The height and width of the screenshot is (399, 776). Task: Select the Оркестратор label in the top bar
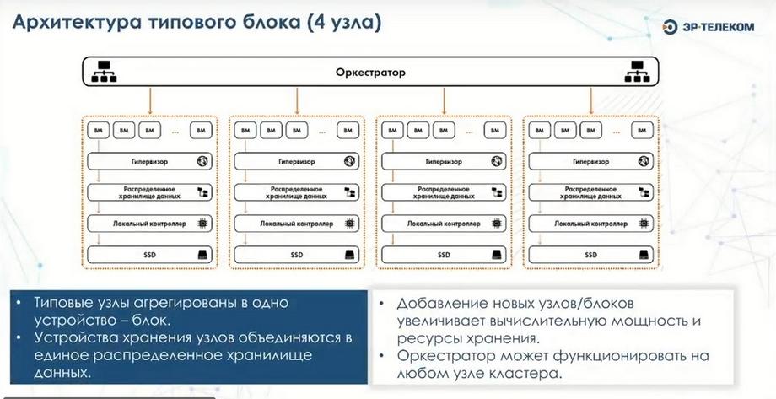[x=369, y=73]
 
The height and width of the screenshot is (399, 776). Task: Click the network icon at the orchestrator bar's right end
[x=636, y=72]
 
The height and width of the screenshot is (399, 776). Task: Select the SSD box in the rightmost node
[x=591, y=254]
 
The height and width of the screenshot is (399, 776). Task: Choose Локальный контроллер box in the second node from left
[x=295, y=224]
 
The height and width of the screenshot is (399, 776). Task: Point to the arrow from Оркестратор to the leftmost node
[x=149, y=101]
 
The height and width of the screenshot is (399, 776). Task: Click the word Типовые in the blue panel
[x=64, y=302]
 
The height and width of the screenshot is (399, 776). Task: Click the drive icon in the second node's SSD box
[x=348, y=254]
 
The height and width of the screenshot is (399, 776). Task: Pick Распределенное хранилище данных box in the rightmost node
[x=591, y=192]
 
